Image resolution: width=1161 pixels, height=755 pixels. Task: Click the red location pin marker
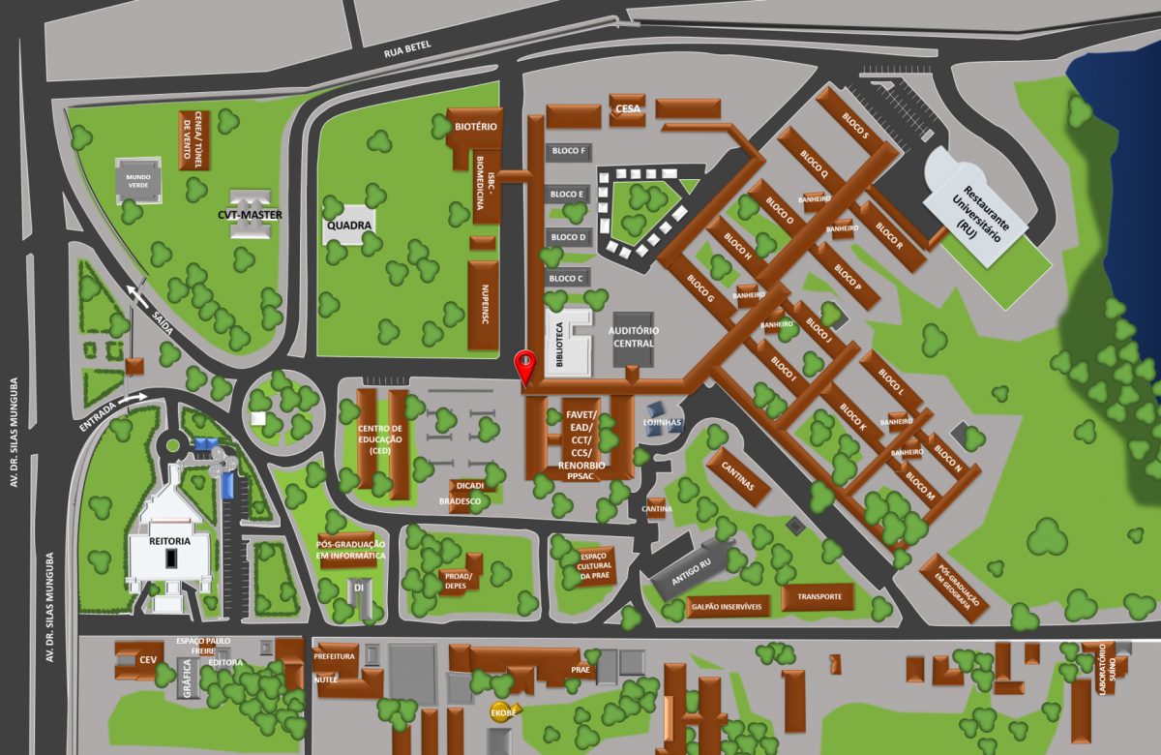pyautogui.click(x=525, y=366)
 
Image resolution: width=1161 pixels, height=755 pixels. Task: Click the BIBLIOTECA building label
pyautogui.click(x=558, y=343)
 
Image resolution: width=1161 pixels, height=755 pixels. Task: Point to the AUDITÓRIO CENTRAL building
pyautogui.click(x=633, y=338)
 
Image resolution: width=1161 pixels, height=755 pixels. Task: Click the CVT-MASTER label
pyautogui.click(x=249, y=213)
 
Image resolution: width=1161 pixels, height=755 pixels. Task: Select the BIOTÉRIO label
pyautogui.click(x=476, y=127)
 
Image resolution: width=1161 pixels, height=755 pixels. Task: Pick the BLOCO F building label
pyautogui.click(x=567, y=151)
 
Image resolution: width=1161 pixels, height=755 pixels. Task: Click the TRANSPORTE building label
pyautogui.click(x=818, y=597)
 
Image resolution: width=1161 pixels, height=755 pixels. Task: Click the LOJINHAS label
pyautogui.click(x=663, y=422)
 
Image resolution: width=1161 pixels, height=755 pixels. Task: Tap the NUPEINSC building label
pyautogui.click(x=483, y=305)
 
